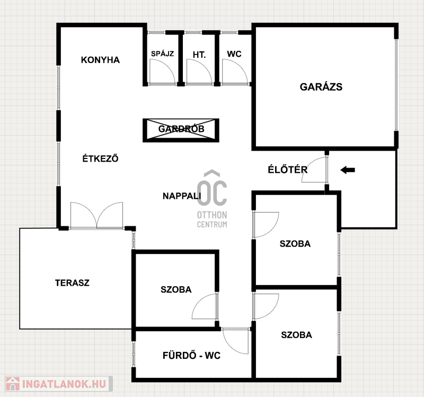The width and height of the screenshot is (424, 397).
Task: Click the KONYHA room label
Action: pyautogui.click(x=100, y=60)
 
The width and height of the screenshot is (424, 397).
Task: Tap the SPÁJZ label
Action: pyautogui.click(x=162, y=54)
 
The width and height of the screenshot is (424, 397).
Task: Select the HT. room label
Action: pyautogui.click(x=199, y=55)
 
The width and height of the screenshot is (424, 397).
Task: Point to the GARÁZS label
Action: pyautogui.click(x=321, y=87)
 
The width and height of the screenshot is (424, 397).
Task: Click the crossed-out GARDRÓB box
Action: pyautogui.click(x=181, y=130)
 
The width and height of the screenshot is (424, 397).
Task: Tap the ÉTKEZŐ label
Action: pyautogui.click(x=100, y=158)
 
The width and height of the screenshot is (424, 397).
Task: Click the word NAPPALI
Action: pyautogui.click(x=182, y=196)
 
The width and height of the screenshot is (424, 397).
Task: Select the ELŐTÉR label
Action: pyautogui.click(x=288, y=169)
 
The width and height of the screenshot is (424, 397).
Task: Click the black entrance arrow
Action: pyautogui.click(x=348, y=170)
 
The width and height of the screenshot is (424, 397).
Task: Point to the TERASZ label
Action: pyautogui.click(x=72, y=283)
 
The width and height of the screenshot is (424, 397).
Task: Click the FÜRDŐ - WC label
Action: pyautogui.click(x=191, y=355)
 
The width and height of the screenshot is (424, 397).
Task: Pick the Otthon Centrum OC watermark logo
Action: pyautogui.click(x=212, y=199)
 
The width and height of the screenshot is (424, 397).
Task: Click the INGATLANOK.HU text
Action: pyautogui.click(x=64, y=384)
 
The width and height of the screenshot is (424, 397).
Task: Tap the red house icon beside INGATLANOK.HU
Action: pyautogui.click(x=13, y=384)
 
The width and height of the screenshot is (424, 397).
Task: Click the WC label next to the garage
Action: pyautogui.click(x=234, y=54)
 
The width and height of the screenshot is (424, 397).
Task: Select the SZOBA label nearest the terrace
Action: pyautogui.click(x=176, y=289)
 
